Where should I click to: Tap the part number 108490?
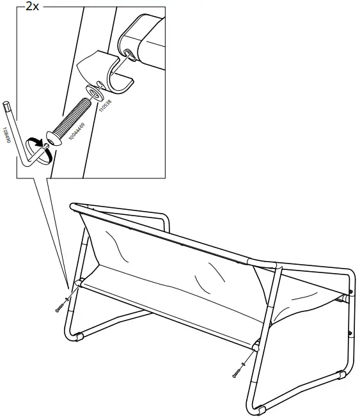(x=6, y=135)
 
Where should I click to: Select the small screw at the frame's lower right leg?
(x=240, y=371)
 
